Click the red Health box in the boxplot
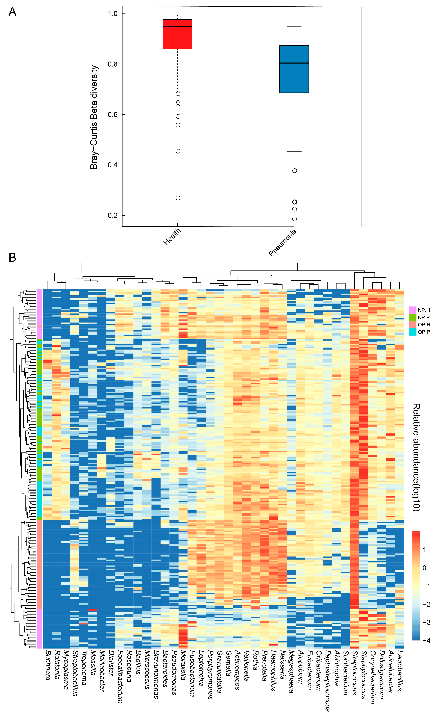point(177,38)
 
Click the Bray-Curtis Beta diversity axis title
point(94,117)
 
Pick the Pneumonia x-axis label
point(282,242)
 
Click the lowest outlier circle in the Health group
point(178,198)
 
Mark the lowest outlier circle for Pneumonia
point(295,219)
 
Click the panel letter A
point(12,12)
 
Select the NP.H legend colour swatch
point(413,310)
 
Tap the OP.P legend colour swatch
point(413,332)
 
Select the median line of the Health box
point(177,27)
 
